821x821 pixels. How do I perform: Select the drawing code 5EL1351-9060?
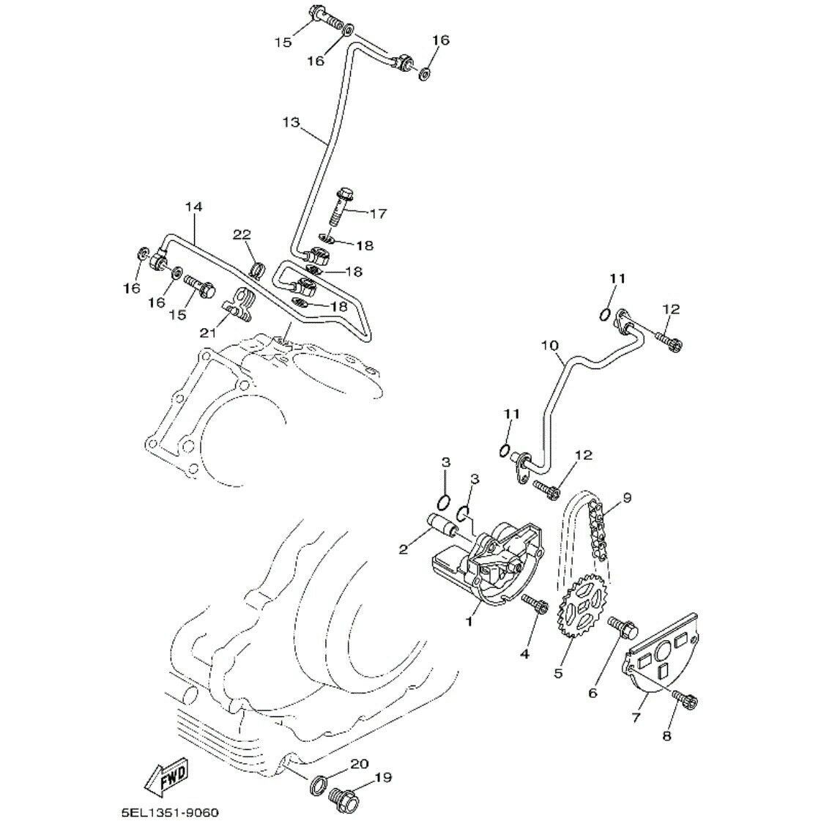coord(170,812)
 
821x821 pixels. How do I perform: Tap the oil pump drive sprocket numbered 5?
coord(582,606)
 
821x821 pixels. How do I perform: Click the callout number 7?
coord(636,717)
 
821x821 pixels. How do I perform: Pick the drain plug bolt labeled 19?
coord(342,798)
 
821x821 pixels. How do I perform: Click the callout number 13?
coord(291,122)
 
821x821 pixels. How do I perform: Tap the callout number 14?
coord(193,207)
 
